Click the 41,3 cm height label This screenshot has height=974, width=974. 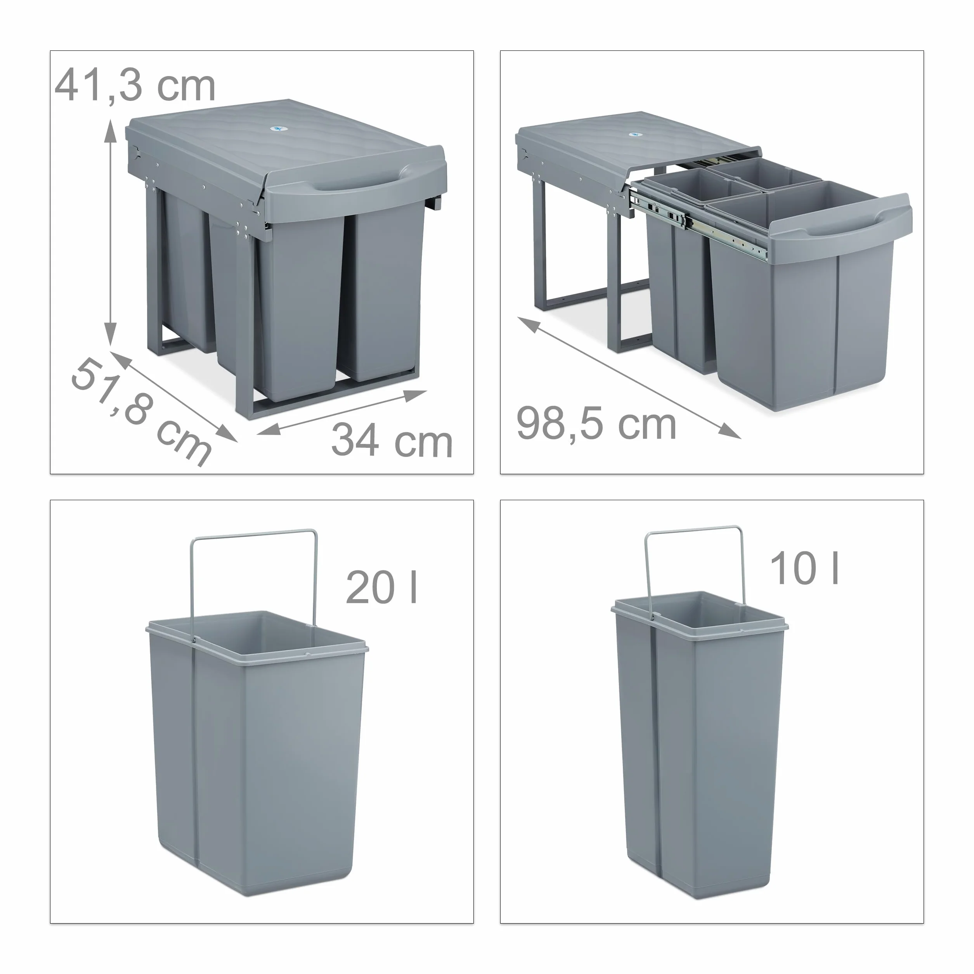pos(135,86)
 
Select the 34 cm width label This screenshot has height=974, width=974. pos(392,440)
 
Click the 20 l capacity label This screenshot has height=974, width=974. pos(381,588)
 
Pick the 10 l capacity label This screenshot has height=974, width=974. pos(804,568)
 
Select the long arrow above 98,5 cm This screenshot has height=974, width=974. pos(629,378)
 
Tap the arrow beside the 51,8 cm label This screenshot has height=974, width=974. pos(173,396)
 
